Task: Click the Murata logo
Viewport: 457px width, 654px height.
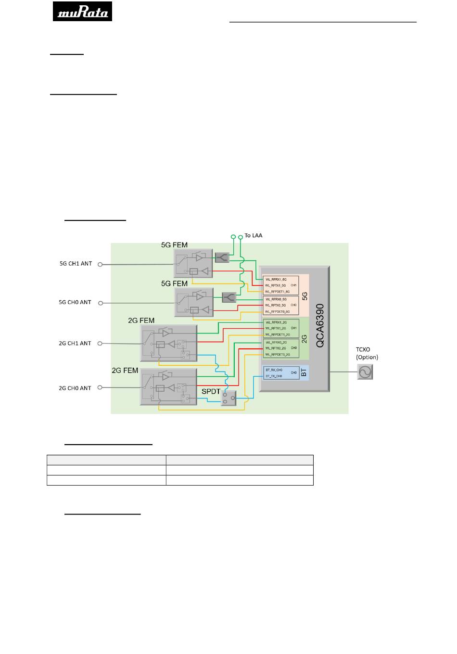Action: click(82, 11)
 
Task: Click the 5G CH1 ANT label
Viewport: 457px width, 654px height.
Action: click(76, 264)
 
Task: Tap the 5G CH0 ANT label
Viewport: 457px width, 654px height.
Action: click(75, 303)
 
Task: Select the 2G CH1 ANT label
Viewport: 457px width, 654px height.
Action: click(75, 344)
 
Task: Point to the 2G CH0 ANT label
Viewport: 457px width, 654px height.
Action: click(75, 388)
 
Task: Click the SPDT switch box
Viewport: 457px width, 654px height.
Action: click(228, 398)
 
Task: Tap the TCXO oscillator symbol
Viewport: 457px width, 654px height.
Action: click(365, 372)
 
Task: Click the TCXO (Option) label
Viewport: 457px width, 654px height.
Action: click(367, 354)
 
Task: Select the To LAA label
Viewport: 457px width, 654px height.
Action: click(254, 236)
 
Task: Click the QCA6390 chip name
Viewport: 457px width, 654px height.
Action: click(320, 325)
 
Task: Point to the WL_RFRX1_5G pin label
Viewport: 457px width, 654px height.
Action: click(276, 280)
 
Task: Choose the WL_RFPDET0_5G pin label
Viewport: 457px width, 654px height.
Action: click(278, 312)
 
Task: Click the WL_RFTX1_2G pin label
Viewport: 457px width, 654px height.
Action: click(276, 329)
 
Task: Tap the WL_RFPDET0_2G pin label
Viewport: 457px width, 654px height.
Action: click(278, 355)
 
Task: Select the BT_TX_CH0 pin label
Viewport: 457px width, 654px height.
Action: click(274, 376)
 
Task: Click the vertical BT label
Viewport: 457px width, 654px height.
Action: click(304, 372)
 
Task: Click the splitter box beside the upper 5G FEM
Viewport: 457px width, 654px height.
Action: click(222, 258)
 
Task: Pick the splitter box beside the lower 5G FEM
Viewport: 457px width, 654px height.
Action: click(229, 297)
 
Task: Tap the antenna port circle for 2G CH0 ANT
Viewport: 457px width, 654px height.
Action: click(101, 388)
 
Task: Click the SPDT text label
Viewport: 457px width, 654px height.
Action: click(211, 392)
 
